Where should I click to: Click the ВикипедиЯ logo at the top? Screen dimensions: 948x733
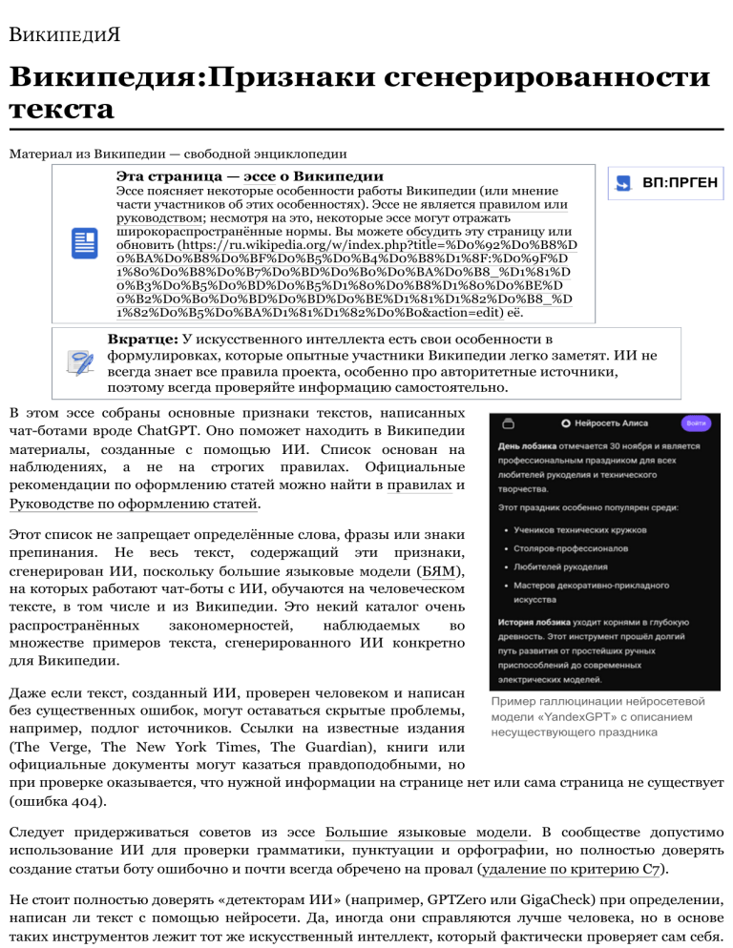(x=65, y=38)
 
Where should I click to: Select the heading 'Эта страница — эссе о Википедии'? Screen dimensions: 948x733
(x=250, y=176)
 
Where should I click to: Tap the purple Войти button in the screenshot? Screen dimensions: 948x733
(x=695, y=422)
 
